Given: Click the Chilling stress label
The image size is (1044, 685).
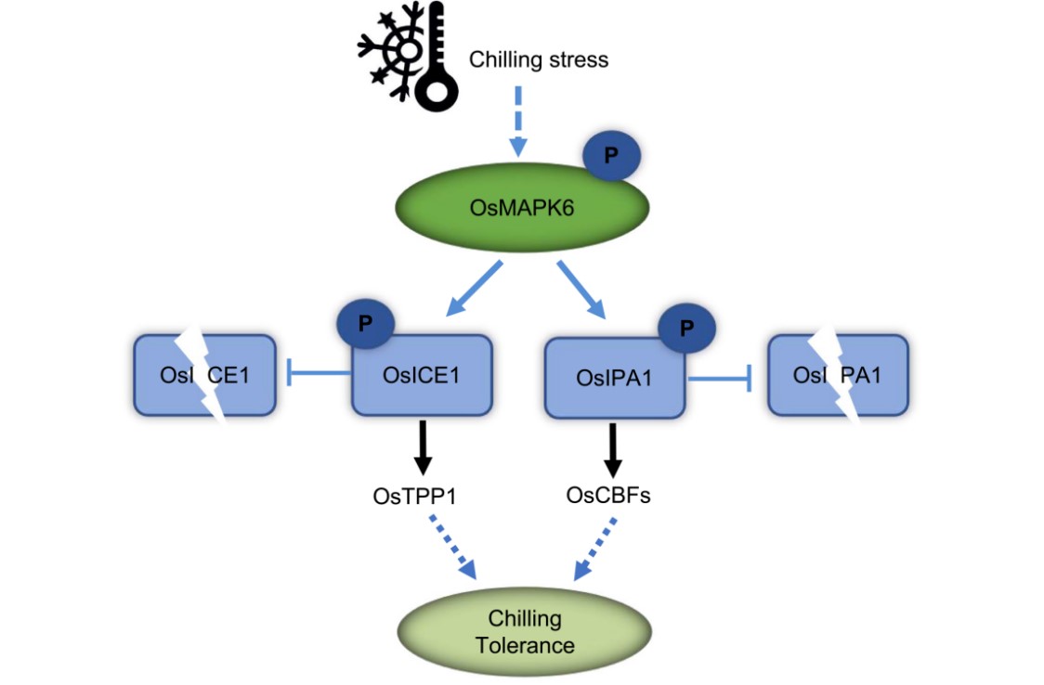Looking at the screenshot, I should point(539,60).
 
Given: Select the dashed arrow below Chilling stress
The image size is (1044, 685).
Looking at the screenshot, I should point(518,121).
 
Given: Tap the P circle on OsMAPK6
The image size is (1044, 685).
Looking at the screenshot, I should point(610,156).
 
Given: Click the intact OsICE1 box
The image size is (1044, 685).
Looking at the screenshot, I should point(421,376).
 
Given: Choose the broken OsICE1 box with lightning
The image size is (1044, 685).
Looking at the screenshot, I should point(205,375).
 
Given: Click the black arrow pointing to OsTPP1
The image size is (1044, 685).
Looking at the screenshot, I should point(423,449).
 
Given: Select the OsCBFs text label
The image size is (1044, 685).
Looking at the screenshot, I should point(608,496).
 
